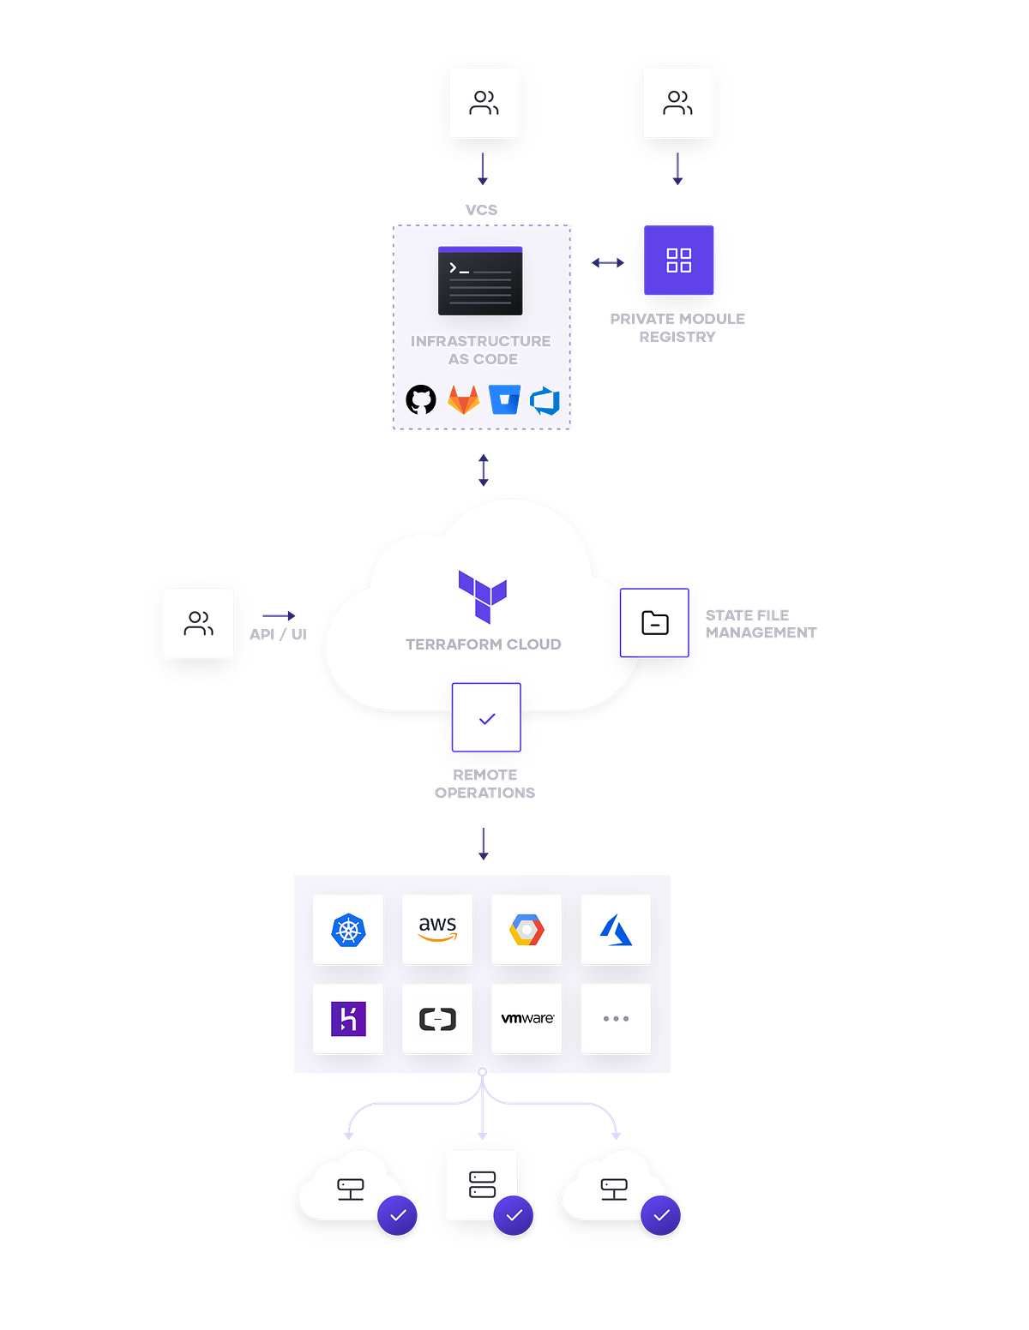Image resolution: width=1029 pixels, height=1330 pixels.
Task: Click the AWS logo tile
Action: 437,930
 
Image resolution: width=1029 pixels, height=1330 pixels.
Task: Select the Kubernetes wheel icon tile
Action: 348,930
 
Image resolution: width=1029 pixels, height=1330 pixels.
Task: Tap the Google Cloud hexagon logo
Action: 527,930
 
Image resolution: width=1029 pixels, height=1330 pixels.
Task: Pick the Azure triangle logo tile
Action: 616,930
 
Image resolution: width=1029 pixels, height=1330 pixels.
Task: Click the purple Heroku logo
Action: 348,1019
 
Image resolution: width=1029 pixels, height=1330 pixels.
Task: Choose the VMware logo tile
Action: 527,1019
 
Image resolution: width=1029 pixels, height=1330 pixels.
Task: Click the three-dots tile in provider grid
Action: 616,1019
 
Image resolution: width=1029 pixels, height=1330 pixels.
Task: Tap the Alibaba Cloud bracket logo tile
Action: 437,1019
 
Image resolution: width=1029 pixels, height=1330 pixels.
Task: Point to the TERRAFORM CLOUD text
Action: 483,644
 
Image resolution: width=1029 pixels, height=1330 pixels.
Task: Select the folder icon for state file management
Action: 655,623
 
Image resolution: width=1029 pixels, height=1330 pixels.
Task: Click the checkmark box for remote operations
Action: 486,718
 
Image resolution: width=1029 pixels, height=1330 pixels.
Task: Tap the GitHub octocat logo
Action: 421,399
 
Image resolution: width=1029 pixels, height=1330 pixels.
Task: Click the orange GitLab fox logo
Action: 463,400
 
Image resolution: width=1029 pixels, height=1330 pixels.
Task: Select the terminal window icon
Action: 480,281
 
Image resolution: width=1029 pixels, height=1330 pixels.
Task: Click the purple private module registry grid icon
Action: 679,261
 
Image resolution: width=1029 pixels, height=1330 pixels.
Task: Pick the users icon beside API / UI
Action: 199,623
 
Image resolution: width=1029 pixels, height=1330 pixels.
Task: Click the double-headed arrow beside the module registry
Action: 608,263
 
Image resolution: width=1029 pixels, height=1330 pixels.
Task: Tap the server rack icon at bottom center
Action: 483,1184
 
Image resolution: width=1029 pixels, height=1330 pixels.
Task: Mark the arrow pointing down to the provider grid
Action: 483,843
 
